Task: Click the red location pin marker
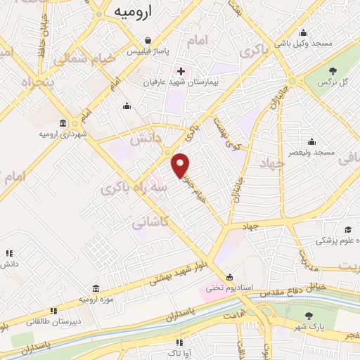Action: coord(181,165)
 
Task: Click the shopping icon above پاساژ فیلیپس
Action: coord(148,40)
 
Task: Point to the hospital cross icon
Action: coord(181,71)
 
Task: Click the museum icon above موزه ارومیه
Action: coord(96,288)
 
